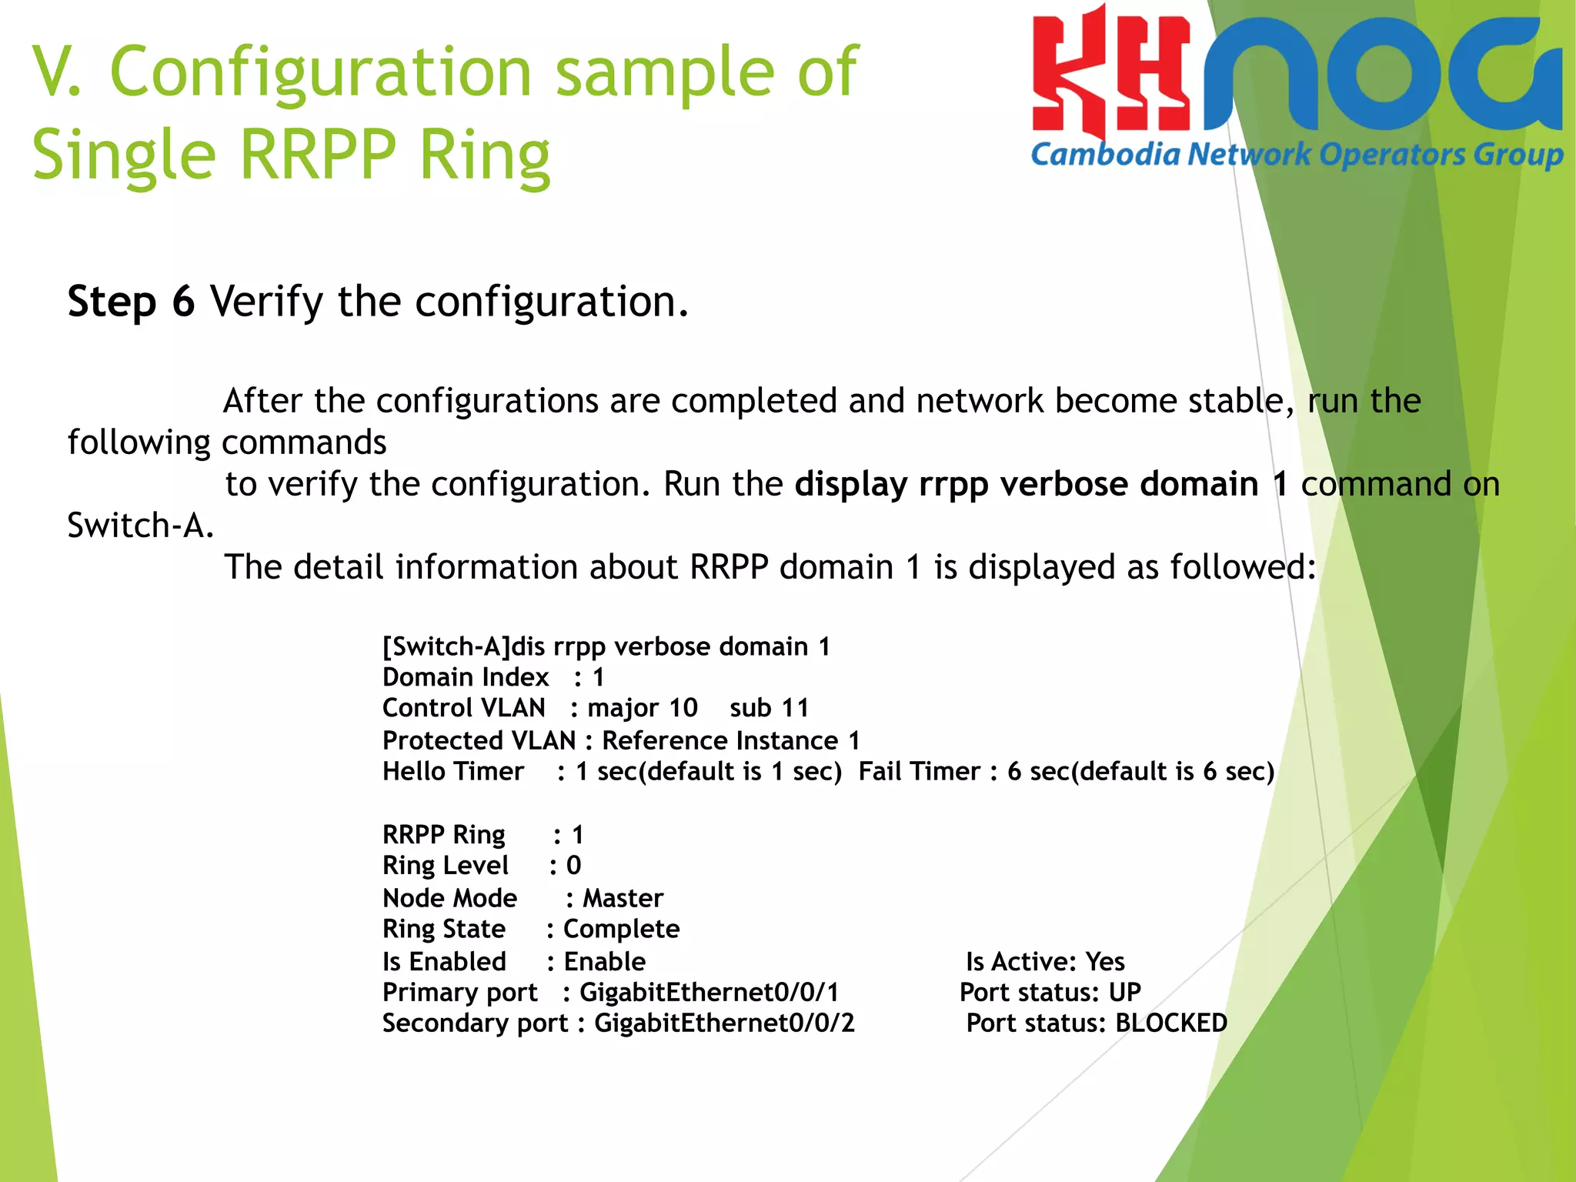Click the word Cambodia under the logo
point(1105,155)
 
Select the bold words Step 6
point(131,301)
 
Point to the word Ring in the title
point(485,155)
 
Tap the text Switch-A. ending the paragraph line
point(140,526)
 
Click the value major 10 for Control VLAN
point(643,708)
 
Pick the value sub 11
point(770,708)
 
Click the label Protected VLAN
point(479,740)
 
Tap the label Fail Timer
point(919,771)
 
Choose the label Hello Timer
point(453,771)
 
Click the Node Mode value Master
point(623,898)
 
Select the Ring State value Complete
point(621,929)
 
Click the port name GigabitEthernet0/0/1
point(709,992)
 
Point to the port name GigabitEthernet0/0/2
point(724,1023)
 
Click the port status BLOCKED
point(1171,1023)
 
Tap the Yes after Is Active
point(1105,961)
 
